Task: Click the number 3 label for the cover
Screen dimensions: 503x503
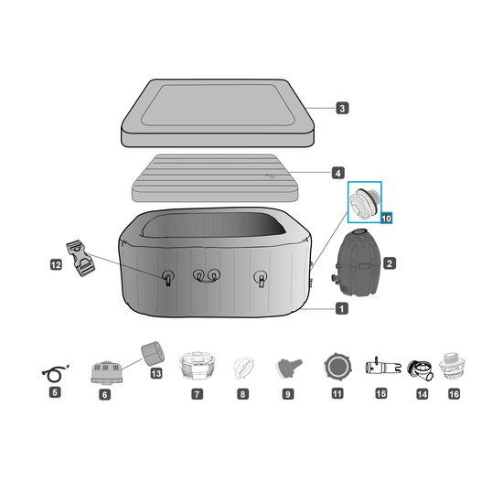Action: pyautogui.click(x=342, y=108)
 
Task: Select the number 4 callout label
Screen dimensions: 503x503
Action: pyautogui.click(x=337, y=173)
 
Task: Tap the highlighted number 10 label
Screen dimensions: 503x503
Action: pyautogui.click(x=386, y=219)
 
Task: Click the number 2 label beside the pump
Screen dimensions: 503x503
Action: pyautogui.click(x=390, y=263)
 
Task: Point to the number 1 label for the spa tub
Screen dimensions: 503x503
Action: pyautogui.click(x=342, y=309)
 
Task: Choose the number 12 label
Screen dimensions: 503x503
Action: pyautogui.click(x=56, y=265)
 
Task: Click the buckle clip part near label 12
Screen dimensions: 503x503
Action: pyautogui.click(x=80, y=258)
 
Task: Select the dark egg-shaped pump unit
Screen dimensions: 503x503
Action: pyautogui.click(x=358, y=262)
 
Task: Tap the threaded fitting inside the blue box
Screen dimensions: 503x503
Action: pyautogui.click(x=365, y=202)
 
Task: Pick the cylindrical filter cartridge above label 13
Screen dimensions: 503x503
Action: pyautogui.click(x=153, y=353)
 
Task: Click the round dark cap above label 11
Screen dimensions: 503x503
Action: pyautogui.click(x=337, y=367)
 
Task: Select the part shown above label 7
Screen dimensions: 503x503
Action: pyautogui.click(x=197, y=366)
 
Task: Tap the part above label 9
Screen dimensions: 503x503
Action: pyautogui.click(x=288, y=368)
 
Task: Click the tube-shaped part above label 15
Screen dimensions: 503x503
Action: pyautogui.click(x=382, y=367)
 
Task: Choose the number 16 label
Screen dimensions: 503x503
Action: pyautogui.click(x=454, y=394)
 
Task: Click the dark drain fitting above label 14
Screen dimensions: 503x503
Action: pyautogui.click(x=421, y=370)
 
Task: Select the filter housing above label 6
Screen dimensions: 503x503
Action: pyautogui.click(x=107, y=372)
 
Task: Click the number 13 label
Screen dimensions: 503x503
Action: pyautogui.click(x=156, y=373)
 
